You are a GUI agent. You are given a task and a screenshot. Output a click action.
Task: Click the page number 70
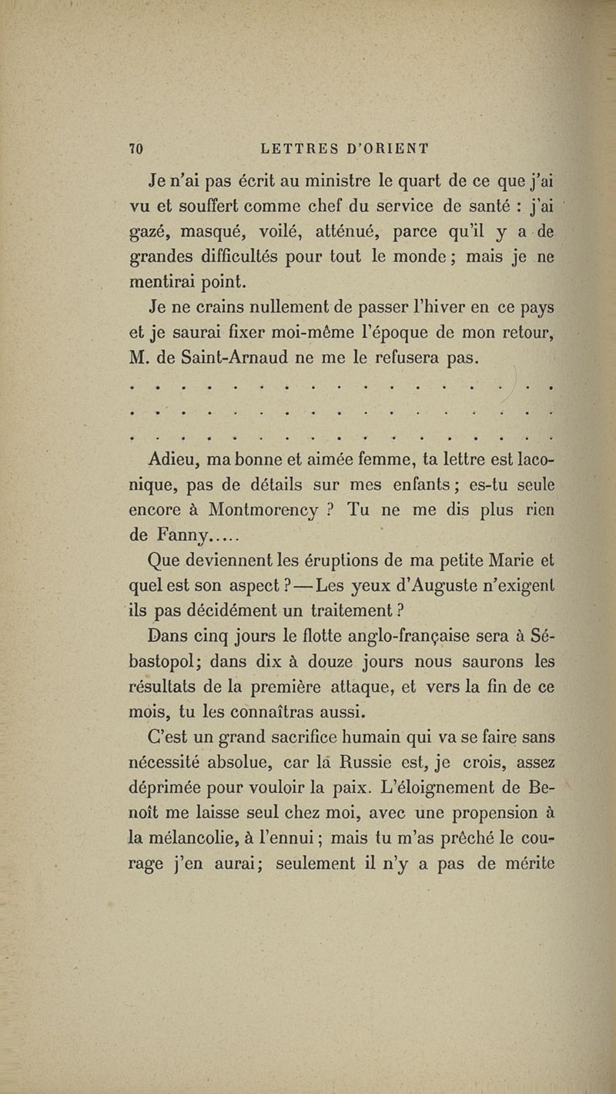(x=140, y=148)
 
